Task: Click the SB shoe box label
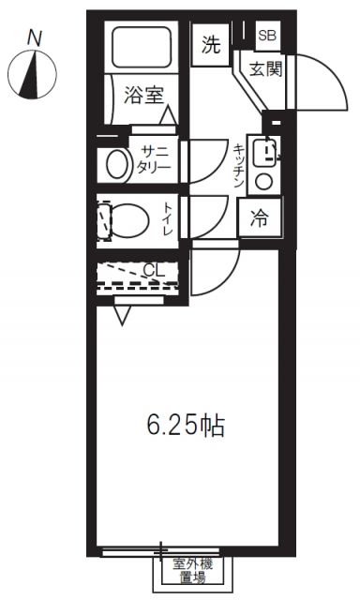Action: pos(267,36)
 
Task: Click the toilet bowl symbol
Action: pos(127,220)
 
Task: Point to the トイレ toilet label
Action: pos(168,218)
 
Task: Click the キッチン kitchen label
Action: pos(239,166)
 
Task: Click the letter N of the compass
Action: pos(35,38)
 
